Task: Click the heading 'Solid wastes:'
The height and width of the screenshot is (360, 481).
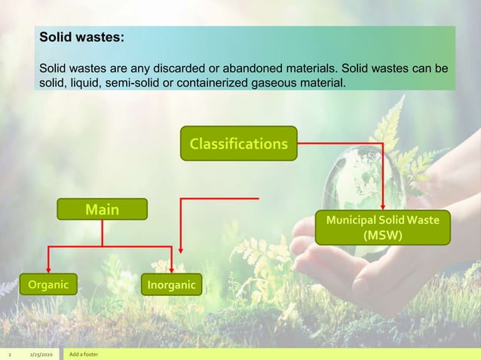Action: (x=82, y=36)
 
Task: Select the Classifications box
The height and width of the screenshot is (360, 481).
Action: (x=238, y=143)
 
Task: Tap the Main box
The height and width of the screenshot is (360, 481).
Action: (x=102, y=209)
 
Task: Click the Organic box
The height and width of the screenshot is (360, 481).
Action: (x=48, y=285)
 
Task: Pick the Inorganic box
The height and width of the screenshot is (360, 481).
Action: (x=170, y=285)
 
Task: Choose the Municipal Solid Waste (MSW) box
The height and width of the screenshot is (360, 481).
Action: (x=383, y=227)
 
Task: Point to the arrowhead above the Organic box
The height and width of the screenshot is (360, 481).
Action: (x=48, y=270)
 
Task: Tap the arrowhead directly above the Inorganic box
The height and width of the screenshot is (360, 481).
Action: (x=173, y=270)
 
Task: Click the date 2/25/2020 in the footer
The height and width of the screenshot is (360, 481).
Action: (x=41, y=354)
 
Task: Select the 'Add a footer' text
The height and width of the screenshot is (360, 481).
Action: (x=83, y=354)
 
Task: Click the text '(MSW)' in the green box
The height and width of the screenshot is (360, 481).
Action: (x=383, y=235)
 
